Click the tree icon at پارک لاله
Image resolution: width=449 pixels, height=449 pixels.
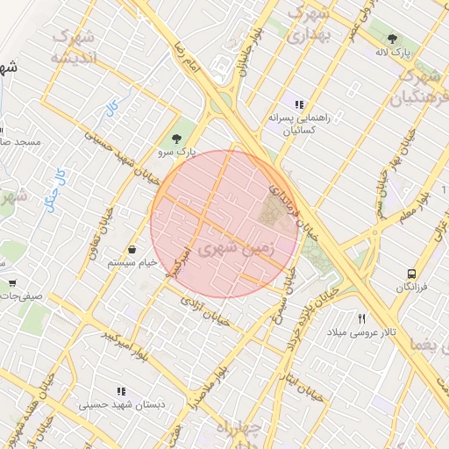(392, 39)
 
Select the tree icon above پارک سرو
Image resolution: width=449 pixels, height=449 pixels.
(177, 139)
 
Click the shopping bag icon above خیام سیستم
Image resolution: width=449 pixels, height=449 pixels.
(132, 249)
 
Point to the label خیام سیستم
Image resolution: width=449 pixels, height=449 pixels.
(132, 262)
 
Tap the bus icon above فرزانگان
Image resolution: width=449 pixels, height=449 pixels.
(411, 274)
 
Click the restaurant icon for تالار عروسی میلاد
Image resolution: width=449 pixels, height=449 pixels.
(361, 318)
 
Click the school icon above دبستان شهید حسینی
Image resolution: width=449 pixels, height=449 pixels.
(120, 391)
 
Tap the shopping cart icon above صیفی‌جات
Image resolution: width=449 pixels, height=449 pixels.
(12, 283)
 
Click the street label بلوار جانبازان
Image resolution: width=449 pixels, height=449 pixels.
(244, 54)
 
